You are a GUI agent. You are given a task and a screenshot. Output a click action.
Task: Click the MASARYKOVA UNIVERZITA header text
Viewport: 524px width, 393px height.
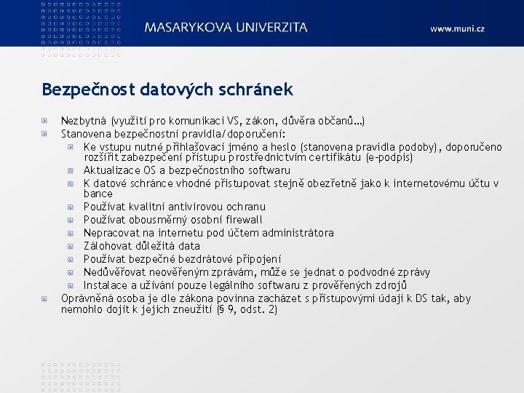(x=226, y=28)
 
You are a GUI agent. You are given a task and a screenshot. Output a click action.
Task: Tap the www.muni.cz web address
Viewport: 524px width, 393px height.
(x=456, y=29)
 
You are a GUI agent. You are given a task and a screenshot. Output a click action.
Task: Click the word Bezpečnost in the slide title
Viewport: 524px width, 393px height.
(x=86, y=90)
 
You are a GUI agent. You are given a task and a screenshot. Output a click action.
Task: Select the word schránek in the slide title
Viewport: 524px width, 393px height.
(x=258, y=90)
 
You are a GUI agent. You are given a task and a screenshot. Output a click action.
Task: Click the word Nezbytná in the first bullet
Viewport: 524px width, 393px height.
(x=82, y=121)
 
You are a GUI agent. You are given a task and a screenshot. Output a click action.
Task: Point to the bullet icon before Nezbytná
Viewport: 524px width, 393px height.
(x=46, y=121)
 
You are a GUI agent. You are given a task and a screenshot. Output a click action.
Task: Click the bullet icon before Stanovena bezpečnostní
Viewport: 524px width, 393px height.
(x=46, y=134)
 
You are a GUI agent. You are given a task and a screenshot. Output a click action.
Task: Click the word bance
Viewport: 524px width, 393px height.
(x=98, y=194)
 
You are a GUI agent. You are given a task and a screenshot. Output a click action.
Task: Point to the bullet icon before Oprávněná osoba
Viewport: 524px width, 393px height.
(x=46, y=298)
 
